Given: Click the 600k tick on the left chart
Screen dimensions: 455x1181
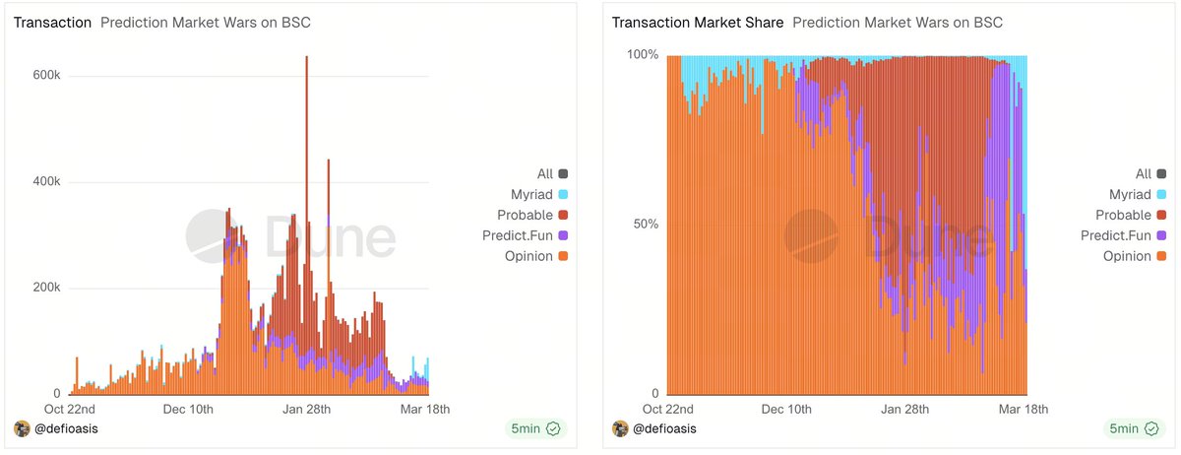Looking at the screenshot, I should pos(48,76).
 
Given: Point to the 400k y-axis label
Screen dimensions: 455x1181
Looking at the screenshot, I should pos(48,182).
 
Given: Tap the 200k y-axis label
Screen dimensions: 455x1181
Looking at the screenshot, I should pos(48,289).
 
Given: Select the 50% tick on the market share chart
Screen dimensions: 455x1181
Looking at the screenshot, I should pos(644,224).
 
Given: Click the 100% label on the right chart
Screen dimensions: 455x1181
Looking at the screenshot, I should pos(642,54).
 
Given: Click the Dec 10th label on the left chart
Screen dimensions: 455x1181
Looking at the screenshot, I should pos(188,409).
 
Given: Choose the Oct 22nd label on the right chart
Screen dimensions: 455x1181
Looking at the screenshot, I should pos(668,409).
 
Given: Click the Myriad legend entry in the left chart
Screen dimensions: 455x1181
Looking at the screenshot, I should pos(530,194).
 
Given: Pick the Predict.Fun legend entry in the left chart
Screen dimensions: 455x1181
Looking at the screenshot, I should pos(518,235).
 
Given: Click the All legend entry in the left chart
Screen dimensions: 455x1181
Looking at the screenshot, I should pos(544,173).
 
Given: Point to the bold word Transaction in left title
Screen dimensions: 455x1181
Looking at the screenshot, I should pos(52,23).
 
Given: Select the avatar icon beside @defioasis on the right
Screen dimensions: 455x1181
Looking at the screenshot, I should pos(620,428).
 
